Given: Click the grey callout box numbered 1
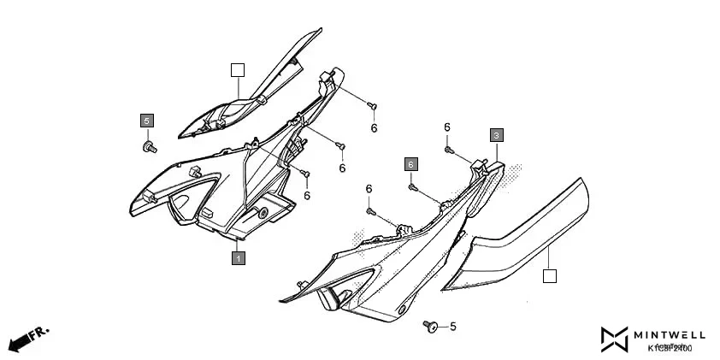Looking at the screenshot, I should pos(239,257).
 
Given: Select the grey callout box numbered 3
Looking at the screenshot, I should pos(496,135).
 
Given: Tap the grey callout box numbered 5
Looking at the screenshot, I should pos(146,121).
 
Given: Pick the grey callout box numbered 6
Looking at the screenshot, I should pos(411,163).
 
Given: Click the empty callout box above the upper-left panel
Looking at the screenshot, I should pos(238,70).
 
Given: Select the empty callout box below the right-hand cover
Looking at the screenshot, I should pos(550,275).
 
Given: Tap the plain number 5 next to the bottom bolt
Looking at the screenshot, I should pos(452,326).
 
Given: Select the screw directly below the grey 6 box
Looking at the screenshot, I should pos(411,186).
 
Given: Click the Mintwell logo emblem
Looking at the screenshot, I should pos(614,340).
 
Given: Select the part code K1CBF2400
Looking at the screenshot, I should pos(670,348).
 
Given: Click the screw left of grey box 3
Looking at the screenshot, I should pos(448,150).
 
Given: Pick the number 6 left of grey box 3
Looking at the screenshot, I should pos(446,127).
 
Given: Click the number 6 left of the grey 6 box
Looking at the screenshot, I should pos(369,189).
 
